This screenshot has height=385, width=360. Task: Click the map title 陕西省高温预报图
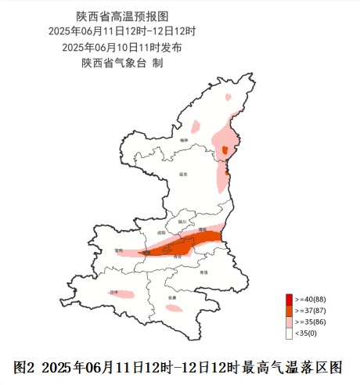pyautogui.click(x=123, y=16)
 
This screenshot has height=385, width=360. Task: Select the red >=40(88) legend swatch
pyautogui.click(x=289, y=300)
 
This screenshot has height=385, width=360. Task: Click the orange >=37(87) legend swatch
pyautogui.click(x=289, y=311)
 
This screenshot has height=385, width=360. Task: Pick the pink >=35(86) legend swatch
pyautogui.click(x=289, y=322)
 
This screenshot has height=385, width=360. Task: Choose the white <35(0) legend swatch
pyautogui.click(x=289, y=333)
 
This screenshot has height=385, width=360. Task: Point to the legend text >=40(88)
pyautogui.click(x=309, y=300)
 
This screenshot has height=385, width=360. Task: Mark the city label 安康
pyautogui.click(x=171, y=298)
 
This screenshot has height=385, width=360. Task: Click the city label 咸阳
pyautogui.click(x=162, y=232)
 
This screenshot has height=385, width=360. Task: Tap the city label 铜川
pyautogui.click(x=183, y=222)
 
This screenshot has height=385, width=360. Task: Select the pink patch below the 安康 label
pyautogui.click(x=174, y=308)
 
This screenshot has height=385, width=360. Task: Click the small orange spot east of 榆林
pyautogui.click(x=225, y=150)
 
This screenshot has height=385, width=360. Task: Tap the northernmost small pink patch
pyautogui.click(x=228, y=98)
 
